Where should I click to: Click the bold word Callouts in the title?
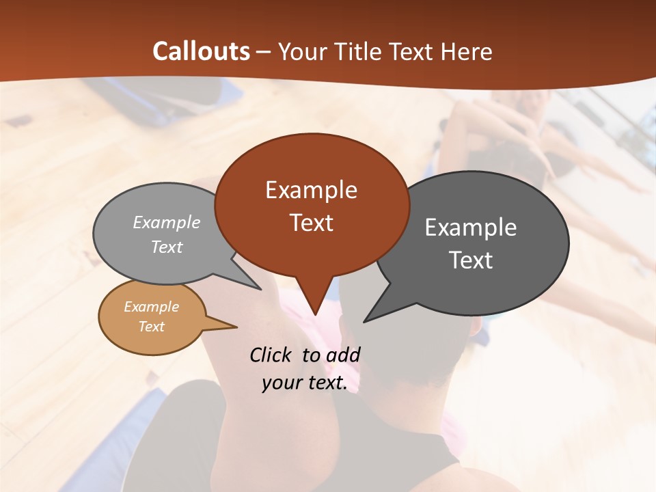click(x=201, y=52)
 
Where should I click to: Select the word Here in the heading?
click(x=467, y=52)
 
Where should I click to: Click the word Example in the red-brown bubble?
click(x=311, y=190)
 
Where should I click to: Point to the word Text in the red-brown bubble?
click(x=311, y=223)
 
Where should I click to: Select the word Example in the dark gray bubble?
click(x=471, y=228)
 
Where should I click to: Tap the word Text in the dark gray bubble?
click(x=471, y=260)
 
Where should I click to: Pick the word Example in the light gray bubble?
click(x=167, y=222)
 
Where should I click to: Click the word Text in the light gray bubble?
click(x=167, y=247)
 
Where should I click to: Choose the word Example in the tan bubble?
click(x=152, y=307)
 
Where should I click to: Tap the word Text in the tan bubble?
click(x=152, y=327)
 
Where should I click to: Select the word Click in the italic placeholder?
click(x=270, y=355)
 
